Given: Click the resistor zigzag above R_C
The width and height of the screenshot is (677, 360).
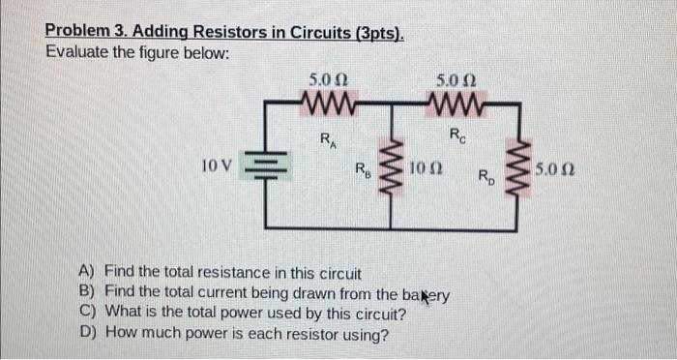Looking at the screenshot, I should click(456, 103).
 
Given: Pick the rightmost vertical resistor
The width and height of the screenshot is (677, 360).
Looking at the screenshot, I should click(524, 171).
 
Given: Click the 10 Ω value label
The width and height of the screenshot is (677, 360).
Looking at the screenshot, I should click(427, 170).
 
